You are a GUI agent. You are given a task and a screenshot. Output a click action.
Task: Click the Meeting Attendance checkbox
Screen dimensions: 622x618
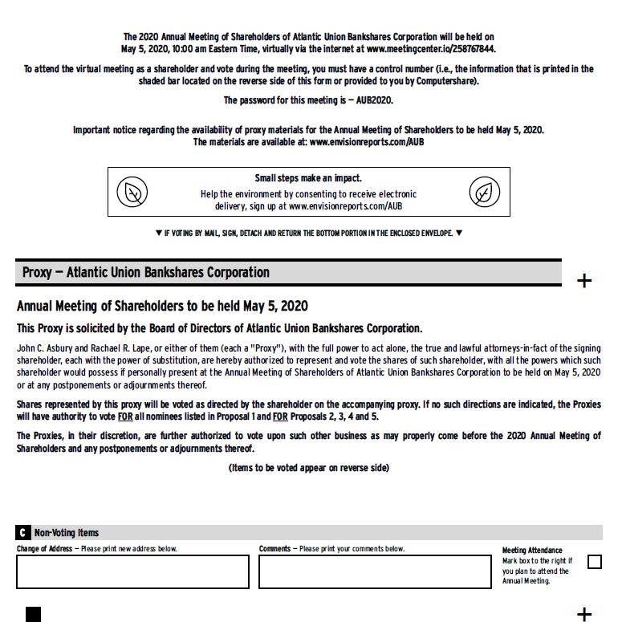tap(595, 562)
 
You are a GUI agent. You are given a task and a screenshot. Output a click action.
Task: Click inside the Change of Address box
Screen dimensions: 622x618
tap(132, 571)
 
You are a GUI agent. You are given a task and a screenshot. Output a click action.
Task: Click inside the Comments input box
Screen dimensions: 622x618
tap(375, 571)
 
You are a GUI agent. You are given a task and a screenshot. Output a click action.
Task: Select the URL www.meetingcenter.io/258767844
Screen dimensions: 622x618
tap(430, 49)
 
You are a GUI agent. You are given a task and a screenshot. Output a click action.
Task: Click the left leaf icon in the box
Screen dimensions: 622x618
tap(132, 192)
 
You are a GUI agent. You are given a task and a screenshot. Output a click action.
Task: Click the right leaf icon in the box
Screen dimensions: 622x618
tap(484, 192)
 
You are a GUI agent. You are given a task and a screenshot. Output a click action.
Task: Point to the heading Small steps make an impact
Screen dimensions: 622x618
tap(308, 178)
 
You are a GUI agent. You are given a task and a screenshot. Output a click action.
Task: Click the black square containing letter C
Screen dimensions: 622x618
tap(23, 533)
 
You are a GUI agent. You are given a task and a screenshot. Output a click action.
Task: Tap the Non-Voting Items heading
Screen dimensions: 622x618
tap(67, 533)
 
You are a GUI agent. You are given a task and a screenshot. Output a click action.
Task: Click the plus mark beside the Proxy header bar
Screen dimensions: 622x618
tap(584, 281)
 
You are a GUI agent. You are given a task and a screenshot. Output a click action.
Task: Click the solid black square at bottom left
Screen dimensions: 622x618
tap(33, 614)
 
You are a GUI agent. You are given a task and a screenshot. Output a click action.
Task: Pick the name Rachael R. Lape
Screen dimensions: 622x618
tap(116, 349)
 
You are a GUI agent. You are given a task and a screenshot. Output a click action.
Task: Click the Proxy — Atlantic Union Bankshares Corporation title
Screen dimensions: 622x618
tap(146, 273)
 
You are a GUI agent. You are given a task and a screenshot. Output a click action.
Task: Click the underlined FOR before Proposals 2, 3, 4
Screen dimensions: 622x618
tap(279, 417)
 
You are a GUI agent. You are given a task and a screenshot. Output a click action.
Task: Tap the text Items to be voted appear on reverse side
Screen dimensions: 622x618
tap(308, 468)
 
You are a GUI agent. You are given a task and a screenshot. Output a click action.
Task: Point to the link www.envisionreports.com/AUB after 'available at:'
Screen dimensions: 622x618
tap(366, 142)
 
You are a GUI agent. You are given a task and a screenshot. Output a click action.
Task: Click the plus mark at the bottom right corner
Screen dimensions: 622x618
tap(584, 614)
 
